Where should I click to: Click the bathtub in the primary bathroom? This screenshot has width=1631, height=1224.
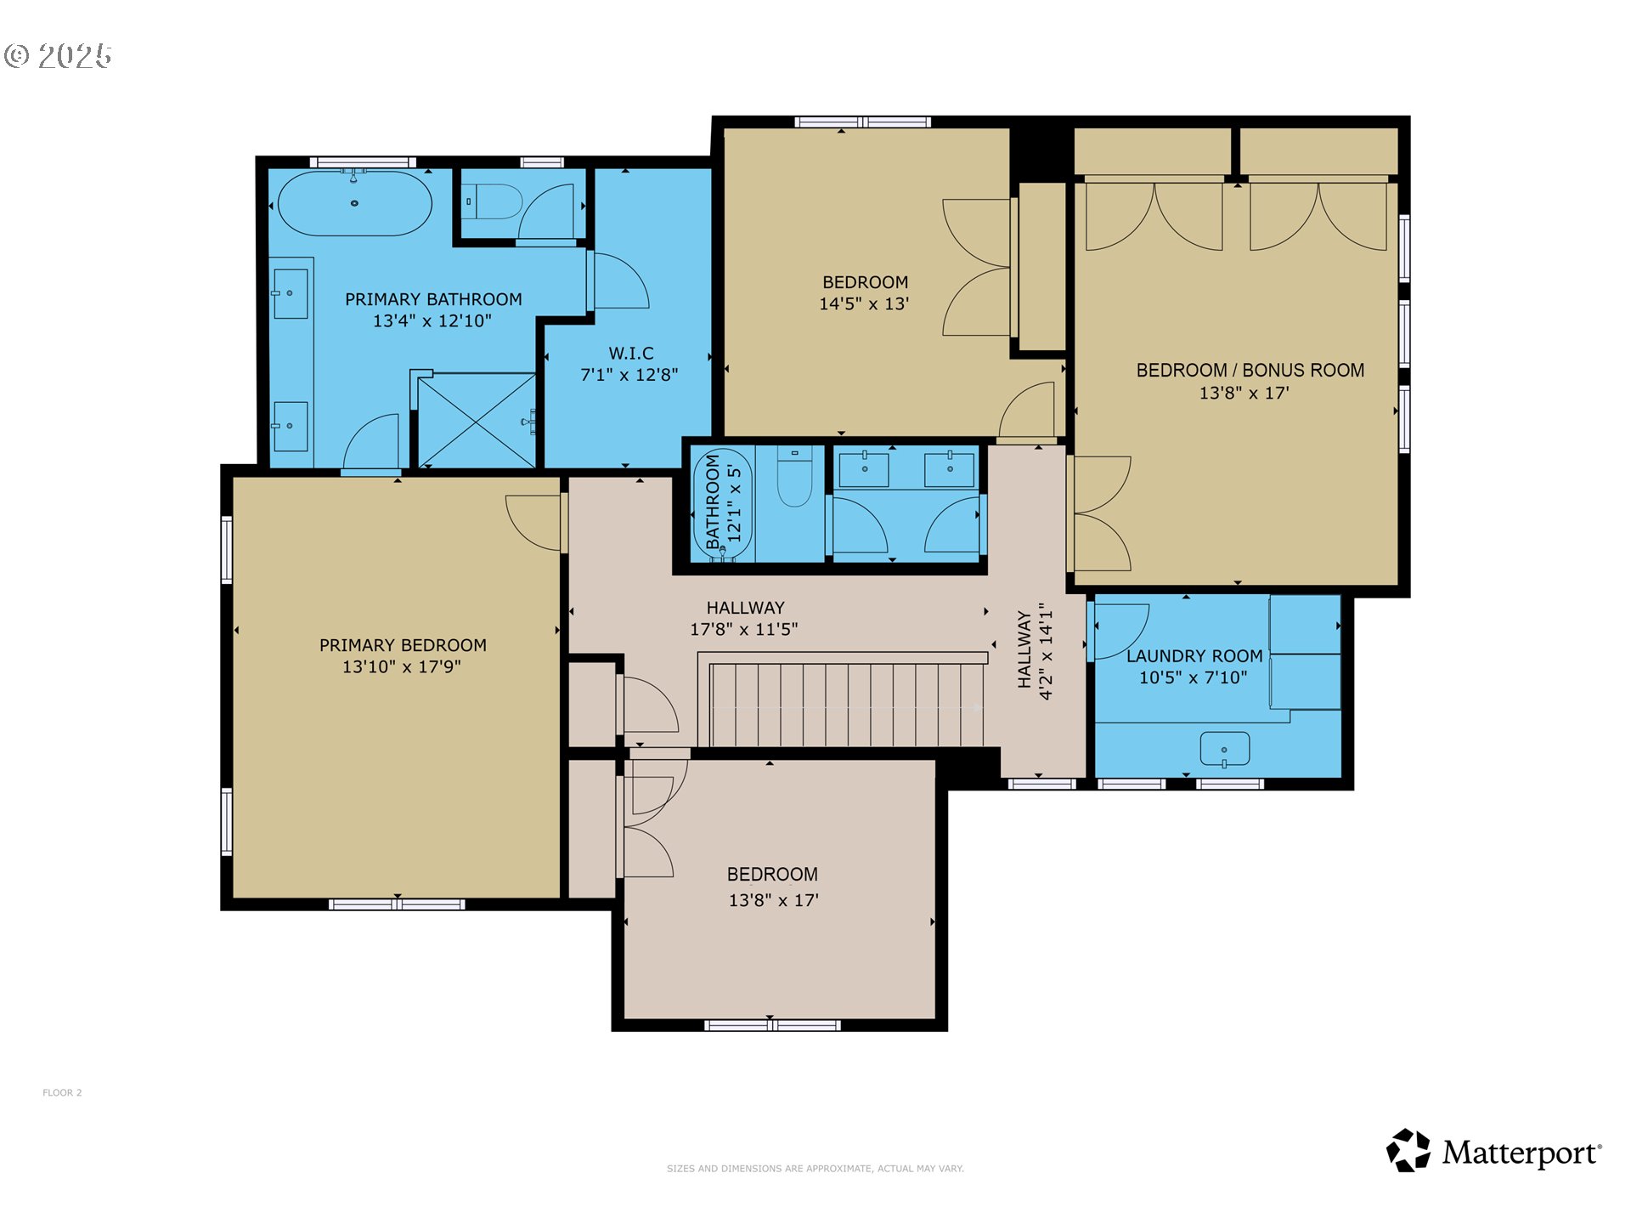(355, 204)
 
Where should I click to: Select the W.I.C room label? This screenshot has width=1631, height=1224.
(630, 353)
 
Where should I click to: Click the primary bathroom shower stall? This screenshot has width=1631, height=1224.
(477, 420)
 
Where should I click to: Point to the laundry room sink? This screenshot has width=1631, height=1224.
(1224, 750)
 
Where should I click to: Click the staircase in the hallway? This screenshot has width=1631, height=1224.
(845, 704)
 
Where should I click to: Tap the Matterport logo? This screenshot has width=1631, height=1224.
(1493, 1152)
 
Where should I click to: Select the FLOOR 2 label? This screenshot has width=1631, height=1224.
(62, 1092)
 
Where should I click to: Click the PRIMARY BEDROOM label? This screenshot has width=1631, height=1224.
(403, 645)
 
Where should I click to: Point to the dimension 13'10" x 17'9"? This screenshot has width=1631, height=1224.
(402, 667)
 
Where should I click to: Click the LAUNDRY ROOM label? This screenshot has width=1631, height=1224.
(1194, 656)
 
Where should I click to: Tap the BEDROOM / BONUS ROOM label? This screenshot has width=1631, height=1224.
(1250, 371)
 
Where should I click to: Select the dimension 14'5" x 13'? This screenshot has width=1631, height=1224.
(864, 304)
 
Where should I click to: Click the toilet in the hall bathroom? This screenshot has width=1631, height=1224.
(795, 480)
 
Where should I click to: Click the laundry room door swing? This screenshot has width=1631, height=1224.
(1121, 631)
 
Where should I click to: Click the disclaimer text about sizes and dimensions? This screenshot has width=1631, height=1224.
(815, 1169)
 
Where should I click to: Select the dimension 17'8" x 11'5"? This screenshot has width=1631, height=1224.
(743, 630)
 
